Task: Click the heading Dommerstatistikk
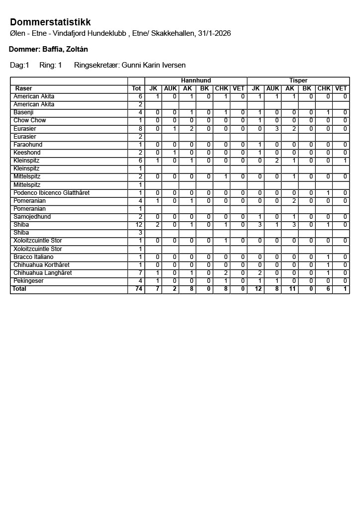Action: [50, 22]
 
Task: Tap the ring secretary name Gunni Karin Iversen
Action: [154, 65]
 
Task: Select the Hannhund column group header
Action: [196, 81]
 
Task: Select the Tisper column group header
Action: [298, 81]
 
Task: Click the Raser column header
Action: [24, 88]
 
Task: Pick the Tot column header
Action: [136, 88]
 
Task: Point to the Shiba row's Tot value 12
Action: [139, 225]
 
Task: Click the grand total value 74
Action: [138, 289]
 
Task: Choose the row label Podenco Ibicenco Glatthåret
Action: [51, 193]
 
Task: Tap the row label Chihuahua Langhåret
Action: [43, 273]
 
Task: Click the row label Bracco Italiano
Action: [33, 257]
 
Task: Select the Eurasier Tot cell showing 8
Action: [140, 129]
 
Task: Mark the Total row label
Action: [19, 289]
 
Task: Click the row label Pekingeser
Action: [29, 281]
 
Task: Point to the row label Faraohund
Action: [28, 145]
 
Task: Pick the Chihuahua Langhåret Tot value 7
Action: [140, 273]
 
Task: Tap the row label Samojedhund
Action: [32, 217]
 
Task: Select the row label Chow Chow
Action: [30, 120]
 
